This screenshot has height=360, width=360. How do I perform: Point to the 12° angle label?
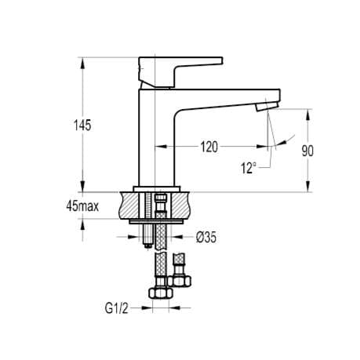[x=249, y=167]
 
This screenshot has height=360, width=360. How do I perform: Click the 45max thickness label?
[x=82, y=206]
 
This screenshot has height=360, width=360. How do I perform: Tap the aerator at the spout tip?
[x=267, y=104]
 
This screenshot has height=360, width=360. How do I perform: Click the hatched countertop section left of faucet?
[x=129, y=206]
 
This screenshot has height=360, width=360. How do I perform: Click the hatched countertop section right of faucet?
[x=180, y=206]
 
